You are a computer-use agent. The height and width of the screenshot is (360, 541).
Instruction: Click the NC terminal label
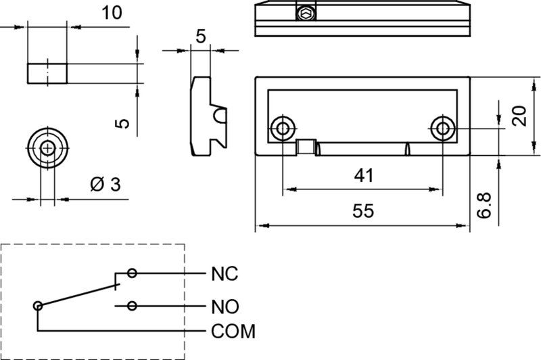[x=225, y=274]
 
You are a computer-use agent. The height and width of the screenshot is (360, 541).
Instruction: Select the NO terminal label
[x=225, y=307]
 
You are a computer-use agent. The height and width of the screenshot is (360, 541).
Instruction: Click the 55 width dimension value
[x=363, y=211]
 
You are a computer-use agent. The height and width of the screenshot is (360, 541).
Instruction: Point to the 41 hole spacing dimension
[x=363, y=176]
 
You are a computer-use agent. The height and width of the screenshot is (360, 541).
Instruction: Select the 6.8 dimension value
[x=484, y=204]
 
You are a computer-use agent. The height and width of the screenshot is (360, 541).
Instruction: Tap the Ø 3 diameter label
[x=104, y=184]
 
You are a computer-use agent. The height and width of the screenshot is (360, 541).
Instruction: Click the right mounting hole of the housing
[x=442, y=127]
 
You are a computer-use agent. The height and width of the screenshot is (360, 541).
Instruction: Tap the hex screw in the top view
[x=306, y=12]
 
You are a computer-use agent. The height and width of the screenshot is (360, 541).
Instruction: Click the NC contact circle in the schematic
[x=132, y=273]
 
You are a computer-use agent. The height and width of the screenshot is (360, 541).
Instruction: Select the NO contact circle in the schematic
[x=133, y=307]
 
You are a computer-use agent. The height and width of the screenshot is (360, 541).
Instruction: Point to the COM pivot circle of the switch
[x=38, y=307]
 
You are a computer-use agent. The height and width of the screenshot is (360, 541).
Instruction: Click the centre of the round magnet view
[x=47, y=148]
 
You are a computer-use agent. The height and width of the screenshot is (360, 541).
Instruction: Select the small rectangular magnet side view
[x=47, y=72]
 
